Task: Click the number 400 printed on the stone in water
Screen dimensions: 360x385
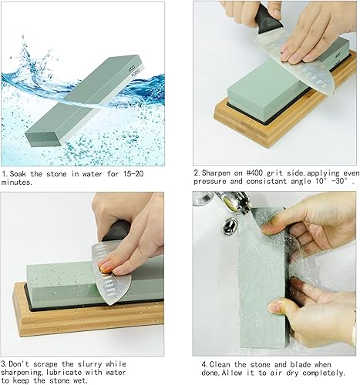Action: [x=131, y=68]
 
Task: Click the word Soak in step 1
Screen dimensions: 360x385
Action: [x=18, y=174]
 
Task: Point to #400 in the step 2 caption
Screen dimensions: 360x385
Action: [x=254, y=172]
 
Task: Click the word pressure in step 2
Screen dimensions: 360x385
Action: [x=210, y=182]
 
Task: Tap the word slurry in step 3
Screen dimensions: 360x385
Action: [x=89, y=364]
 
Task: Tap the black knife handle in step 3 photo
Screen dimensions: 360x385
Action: [x=116, y=230]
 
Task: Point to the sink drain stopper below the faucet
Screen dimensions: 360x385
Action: [x=230, y=226]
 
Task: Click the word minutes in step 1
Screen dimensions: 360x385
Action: [x=16, y=182]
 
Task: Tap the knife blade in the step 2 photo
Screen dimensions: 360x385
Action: [x=295, y=62]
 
